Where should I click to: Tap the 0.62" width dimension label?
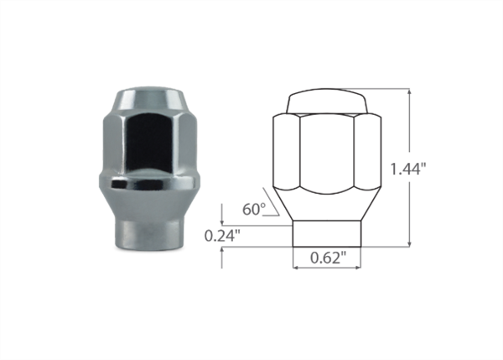327,258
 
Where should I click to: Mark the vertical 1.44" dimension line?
410,126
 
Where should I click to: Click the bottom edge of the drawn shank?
327,247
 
